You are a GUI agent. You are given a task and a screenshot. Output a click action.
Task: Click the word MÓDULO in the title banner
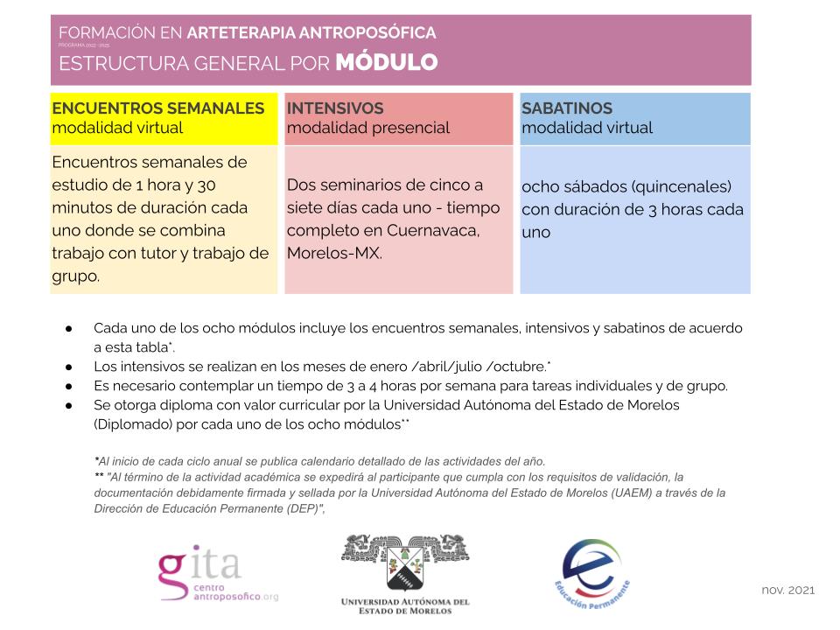click(x=387, y=63)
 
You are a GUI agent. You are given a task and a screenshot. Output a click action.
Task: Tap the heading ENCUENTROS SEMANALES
click(x=158, y=108)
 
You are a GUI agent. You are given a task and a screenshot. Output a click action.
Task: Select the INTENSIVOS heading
click(x=335, y=108)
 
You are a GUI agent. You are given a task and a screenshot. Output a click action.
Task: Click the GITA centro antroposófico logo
click(x=217, y=574)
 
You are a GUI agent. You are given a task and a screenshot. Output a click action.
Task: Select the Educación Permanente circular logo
click(x=592, y=571)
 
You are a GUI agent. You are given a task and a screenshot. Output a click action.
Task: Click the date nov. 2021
click(x=787, y=590)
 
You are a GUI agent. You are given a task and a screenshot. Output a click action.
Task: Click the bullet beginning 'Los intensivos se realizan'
click(x=322, y=366)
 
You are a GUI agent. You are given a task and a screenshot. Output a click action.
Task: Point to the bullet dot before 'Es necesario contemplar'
click(x=67, y=385)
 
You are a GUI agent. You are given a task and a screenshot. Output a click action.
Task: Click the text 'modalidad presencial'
click(x=368, y=128)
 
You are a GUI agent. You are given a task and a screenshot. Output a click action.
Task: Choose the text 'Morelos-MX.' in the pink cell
click(x=334, y=254)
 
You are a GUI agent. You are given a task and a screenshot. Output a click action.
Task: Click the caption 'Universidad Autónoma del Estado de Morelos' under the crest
click(x=404, y=606)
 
